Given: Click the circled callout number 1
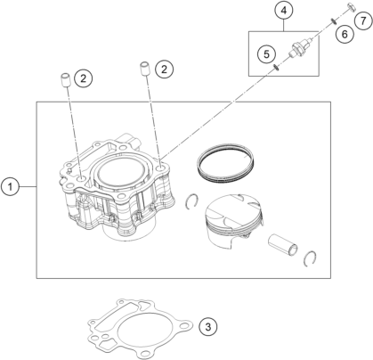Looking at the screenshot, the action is coord(11,187).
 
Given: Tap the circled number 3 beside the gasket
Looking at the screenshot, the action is coord(208,327).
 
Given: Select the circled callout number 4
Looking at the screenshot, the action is coord(284,11).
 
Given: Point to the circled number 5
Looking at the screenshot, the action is coord(266,54).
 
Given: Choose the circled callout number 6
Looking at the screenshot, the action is coord(345,34).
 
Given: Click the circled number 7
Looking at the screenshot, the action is coord(363,20).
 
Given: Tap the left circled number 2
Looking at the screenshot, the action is coord(84,78).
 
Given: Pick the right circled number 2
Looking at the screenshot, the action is coord(164,70).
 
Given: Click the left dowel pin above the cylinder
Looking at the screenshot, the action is coord(66,79).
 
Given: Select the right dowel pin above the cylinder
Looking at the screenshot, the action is coord(145,69).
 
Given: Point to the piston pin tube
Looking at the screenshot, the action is coord(283,244).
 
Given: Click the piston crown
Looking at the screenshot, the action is coord(234,210).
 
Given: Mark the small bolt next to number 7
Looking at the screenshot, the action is coord(351,7).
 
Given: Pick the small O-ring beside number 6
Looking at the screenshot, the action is coord(334,21).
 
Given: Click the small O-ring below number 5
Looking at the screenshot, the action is coord(276,68).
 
